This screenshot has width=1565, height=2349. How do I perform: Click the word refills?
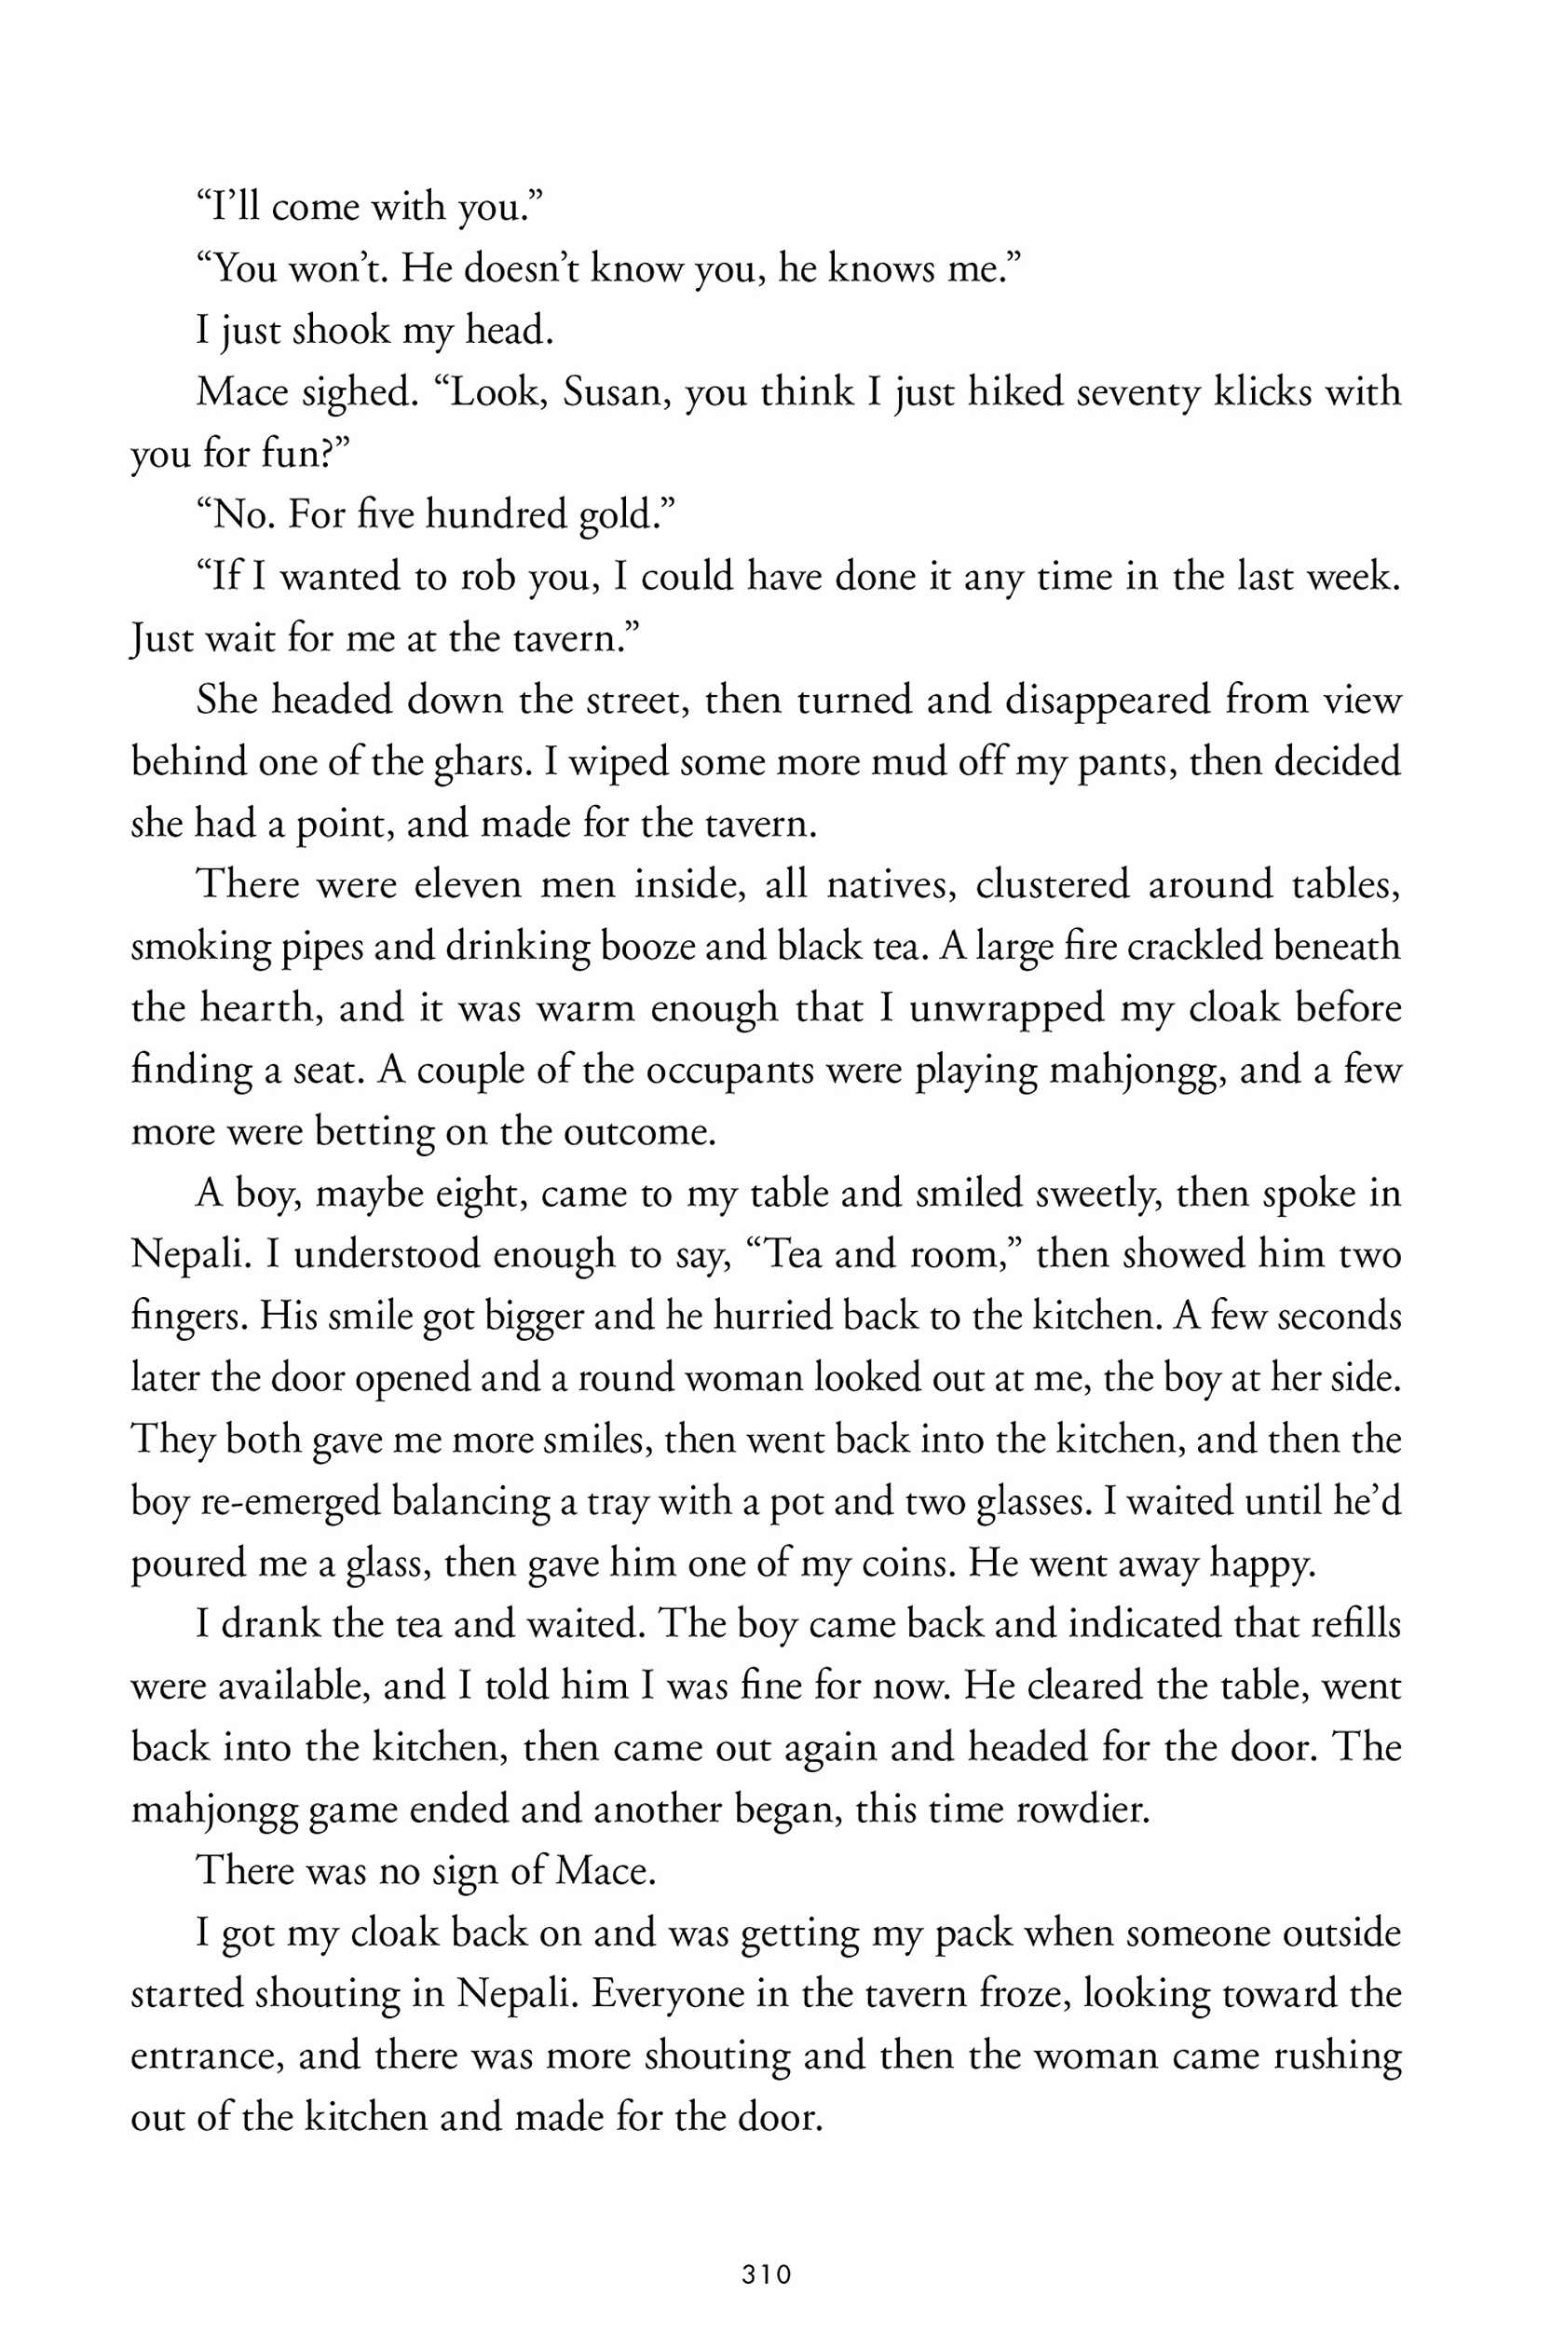point(1355,1624)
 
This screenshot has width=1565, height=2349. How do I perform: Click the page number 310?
point(767,2275)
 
